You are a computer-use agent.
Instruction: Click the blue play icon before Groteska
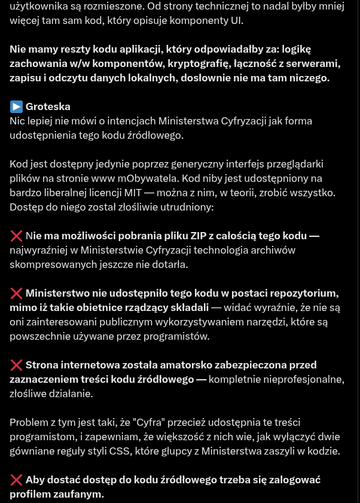(x=16, y=106)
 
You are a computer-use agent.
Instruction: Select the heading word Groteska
(x=48, y=106)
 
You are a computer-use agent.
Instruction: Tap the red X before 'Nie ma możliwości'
(x=16, y=236)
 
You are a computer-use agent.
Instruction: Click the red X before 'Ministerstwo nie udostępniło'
(x=16, y=293)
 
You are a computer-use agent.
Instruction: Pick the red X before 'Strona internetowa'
(x=16, y=365)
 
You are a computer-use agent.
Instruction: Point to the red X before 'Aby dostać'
(x=16, y=480)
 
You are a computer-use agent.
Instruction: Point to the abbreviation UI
(x=237, y=20)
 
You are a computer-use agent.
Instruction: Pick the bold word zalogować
(x=290, y=480)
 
